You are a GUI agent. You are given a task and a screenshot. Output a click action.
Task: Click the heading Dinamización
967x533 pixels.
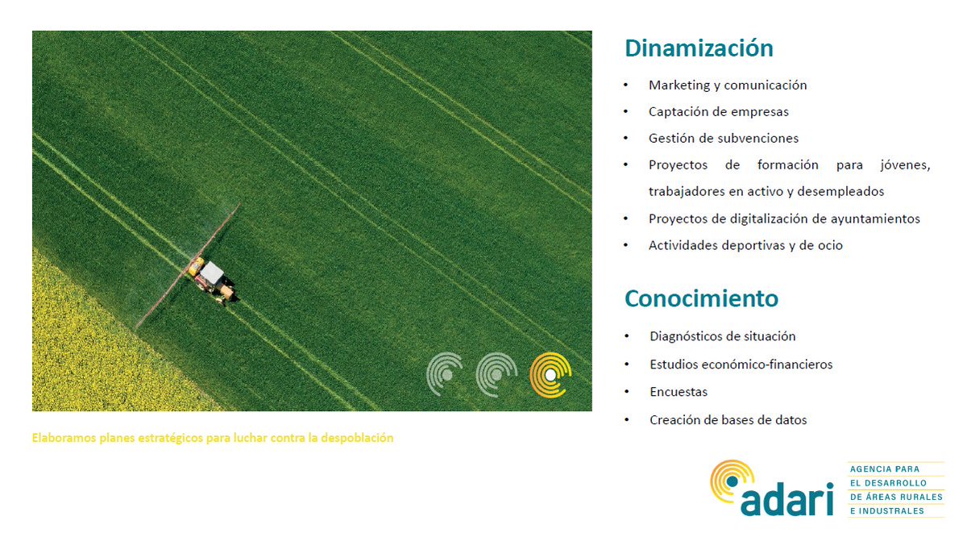click(699, 48)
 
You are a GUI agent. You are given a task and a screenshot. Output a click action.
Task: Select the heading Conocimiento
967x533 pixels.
click(701, 298)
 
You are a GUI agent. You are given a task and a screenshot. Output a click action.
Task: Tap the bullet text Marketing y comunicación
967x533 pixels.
click(728, 85)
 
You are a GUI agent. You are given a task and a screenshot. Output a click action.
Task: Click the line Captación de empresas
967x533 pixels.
click(718, 111)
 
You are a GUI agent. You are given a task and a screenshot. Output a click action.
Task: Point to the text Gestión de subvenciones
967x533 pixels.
click(724, 138)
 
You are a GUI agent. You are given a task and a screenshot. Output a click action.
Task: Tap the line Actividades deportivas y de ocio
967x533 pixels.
click(745, 245)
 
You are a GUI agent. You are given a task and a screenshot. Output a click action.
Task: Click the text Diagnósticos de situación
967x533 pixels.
click(722, 336)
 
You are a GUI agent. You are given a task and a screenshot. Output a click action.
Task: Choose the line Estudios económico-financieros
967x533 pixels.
click(741, 364)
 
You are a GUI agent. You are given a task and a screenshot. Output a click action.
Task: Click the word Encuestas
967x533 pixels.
click(679, 392)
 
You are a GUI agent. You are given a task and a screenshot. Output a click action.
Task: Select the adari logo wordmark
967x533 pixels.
click(786, 500)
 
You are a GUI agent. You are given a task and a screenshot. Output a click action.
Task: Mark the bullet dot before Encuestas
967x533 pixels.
click(627, 392)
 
